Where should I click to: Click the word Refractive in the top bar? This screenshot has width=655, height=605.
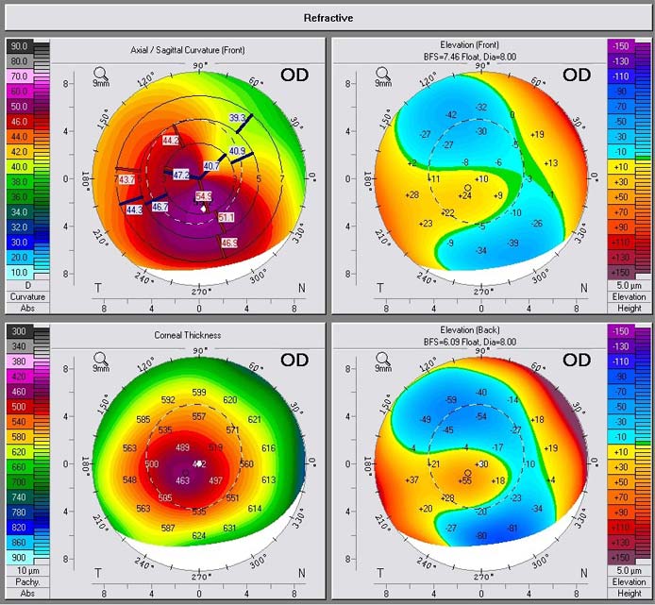click(x=327, y=17)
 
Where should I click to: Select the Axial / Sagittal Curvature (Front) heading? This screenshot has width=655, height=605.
click(x=187, y=49)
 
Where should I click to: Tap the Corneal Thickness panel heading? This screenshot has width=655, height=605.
click(x=188, y=335)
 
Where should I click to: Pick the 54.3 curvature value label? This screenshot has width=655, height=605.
click(x=204, y=196)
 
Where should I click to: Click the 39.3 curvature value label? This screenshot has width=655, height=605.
click(x=237, y=118)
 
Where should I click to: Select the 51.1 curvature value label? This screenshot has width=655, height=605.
click(x=227, y=218)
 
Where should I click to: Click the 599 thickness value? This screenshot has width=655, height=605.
click(x=199, y=392)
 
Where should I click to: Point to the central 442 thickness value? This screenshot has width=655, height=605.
click(x=199, y=464)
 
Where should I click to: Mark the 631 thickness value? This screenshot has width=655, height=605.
click(x=229, y=529)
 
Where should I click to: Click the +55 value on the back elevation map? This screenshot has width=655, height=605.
click(x=464, y=481)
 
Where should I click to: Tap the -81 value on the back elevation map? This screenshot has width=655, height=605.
click(x=512, y=528)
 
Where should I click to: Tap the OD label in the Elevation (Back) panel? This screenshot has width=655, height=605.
click(x=577, y=360)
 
